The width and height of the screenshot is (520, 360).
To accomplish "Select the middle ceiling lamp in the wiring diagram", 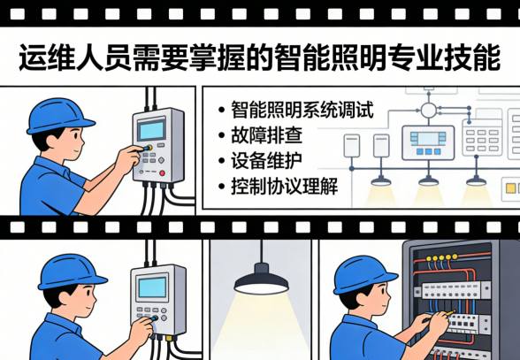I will pos(429,179).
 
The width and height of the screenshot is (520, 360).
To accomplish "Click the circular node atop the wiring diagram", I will pos(429,110).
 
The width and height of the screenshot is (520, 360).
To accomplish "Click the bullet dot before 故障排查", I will pos(221,137).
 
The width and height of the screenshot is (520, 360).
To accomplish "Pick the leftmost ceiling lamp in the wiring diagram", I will pos(382,179).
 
